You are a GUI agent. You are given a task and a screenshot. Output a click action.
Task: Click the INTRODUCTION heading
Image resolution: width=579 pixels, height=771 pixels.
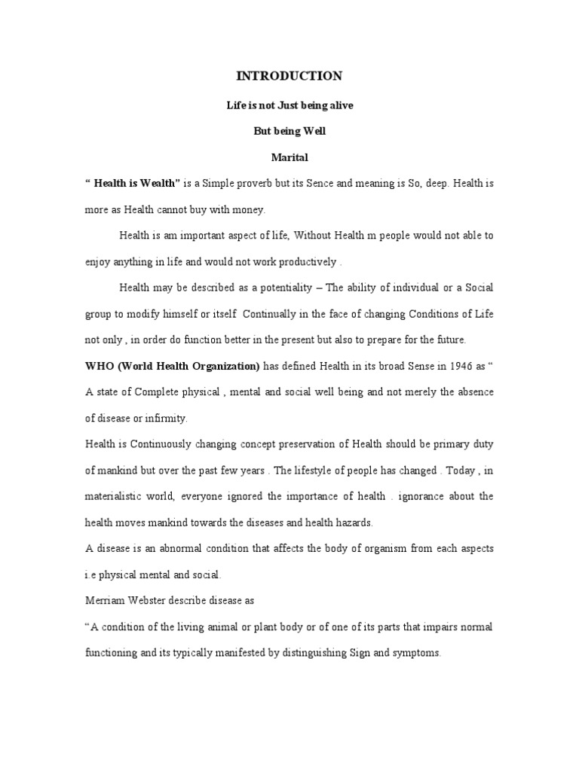[x=289, y=76]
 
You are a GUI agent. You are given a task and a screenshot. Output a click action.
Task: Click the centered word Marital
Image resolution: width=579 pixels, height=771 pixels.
[x=289, y=157]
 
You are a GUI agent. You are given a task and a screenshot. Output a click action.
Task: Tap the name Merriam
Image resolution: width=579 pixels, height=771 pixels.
[x=104, y=600]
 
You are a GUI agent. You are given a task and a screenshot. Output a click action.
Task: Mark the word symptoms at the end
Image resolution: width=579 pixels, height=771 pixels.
[x=415, y=653]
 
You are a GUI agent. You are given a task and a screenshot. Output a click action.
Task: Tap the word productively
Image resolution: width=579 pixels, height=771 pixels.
[x=305, y=262]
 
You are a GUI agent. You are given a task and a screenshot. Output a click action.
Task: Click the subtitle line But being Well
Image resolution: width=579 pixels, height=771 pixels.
[x=289, y=131]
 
